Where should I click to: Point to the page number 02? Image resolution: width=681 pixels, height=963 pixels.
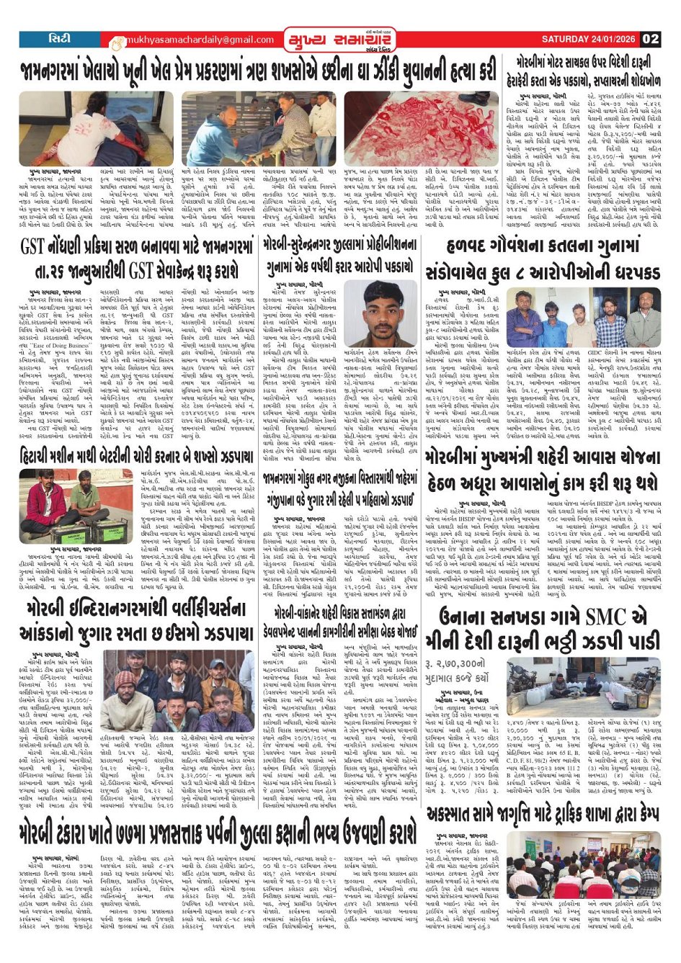tap(651, 40)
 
